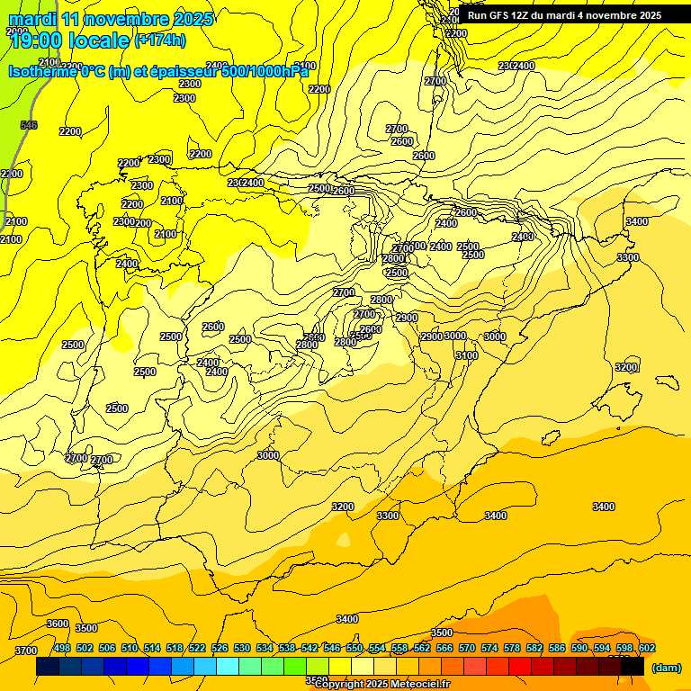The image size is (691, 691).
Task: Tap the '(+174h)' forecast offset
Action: [x=160, y=40]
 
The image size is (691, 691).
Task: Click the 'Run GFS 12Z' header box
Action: [x=564, y=15]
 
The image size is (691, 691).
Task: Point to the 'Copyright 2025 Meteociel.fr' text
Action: [x=382, y=684]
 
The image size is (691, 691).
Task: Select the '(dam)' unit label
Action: [x=665, y=668]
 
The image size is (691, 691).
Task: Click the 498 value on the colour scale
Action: [x=62, y=648]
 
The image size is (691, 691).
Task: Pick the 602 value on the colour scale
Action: [x=647, y=648]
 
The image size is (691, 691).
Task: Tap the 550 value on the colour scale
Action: [x=354, y=648]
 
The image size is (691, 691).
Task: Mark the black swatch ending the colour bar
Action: [x=632, y=667]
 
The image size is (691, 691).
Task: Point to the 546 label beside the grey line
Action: [x=29, y=125]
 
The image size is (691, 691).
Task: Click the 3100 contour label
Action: [x=466, y=355]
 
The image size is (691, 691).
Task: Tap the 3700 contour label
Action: [x=26, y=651]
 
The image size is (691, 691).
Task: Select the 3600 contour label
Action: [x=58, y=624]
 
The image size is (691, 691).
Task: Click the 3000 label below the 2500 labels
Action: [x=268, y=455]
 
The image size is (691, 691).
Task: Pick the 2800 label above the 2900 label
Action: [x=381, y=300]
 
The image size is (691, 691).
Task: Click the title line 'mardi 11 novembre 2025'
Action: [x=111, y=18]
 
